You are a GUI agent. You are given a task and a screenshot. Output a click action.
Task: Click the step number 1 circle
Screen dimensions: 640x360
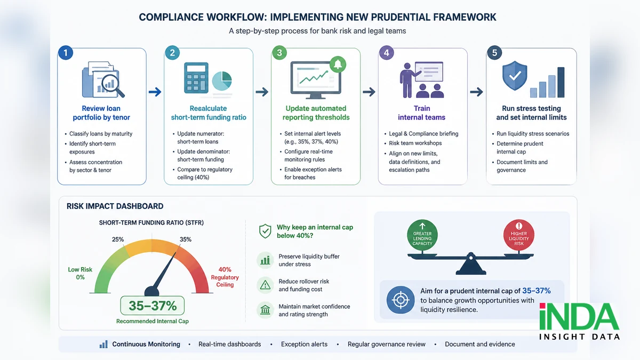coord(66,53)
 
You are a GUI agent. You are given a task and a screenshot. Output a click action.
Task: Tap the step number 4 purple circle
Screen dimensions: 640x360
coord(386,53)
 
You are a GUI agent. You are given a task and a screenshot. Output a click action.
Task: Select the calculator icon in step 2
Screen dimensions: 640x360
coord(196,78)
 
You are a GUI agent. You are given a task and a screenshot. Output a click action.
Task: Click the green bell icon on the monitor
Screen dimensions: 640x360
coord(338,65)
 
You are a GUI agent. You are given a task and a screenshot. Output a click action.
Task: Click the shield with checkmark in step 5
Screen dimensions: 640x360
coord(515,75)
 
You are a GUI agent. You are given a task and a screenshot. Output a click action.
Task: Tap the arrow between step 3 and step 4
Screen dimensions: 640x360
coord(369,92)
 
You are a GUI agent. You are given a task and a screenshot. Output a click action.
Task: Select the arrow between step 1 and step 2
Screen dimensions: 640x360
coord(155,92)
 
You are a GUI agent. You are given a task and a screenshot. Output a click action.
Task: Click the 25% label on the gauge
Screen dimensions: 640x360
coord(118,239)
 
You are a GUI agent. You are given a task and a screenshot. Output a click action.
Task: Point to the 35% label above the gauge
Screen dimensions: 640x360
coord(186,239)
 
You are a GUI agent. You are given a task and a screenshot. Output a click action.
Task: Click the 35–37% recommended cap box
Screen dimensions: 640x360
coord(153,306)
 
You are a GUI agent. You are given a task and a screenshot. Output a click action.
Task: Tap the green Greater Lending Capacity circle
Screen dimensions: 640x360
coord(422,235)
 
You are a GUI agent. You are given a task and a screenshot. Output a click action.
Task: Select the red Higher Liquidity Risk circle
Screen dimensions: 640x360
coord(519,235)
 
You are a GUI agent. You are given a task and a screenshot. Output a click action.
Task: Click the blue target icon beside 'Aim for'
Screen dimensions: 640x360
coord(401,300)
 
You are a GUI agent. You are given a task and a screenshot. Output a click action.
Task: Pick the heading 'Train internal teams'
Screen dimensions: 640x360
coord(422,113)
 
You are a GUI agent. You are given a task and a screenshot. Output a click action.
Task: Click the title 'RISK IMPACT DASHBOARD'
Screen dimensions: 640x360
coord(115,206)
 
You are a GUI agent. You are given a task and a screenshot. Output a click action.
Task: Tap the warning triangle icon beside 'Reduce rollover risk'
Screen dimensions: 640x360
coord(265,285)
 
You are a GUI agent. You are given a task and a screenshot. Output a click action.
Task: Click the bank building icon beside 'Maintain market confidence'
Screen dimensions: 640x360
coord(265,310)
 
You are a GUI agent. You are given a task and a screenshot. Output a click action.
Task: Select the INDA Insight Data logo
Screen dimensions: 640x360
coord(579,321)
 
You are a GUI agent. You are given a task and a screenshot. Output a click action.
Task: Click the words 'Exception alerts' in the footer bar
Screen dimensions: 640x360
coord(305,345)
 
